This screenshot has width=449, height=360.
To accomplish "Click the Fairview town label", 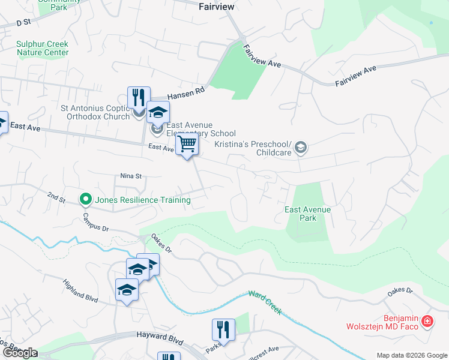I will pyautogui.click(x=216, y=7).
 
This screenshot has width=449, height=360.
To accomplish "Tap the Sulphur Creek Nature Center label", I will pyautogui.click(x=43, y=48).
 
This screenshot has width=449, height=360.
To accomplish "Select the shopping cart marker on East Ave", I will pyautogui.click(x=187, y=145).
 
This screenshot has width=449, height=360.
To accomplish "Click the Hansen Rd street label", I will pyautogui.click(x=186, y=92).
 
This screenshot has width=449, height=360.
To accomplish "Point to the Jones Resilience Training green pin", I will pyautogui.click(x=86, y=199).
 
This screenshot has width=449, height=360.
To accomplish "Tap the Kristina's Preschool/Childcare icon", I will pyautogui.click(x=301, y=148).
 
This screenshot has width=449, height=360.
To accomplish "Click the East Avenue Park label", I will pyautogui.click(x=308, y=214).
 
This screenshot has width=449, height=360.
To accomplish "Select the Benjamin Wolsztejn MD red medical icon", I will pyautogui.click(x=427, y=322).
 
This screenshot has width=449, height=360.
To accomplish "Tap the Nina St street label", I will pyautogui.click(x=130, y=176).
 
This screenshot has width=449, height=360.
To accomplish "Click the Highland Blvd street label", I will pyautogui.click(x=79, y=289).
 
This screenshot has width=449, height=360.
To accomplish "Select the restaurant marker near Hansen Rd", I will pyautogui.click(x=139, y=97).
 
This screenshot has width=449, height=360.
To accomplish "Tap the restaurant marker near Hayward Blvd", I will pyautogui.click(x=223, y=329).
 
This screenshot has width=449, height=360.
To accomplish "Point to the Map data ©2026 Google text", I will pyautogui.click(x=411, y=355).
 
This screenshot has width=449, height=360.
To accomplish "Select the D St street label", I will pyautogui.click(x=23, y=23).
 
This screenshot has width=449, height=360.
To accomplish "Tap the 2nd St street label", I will pyautogui.click(x=56, y=197).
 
